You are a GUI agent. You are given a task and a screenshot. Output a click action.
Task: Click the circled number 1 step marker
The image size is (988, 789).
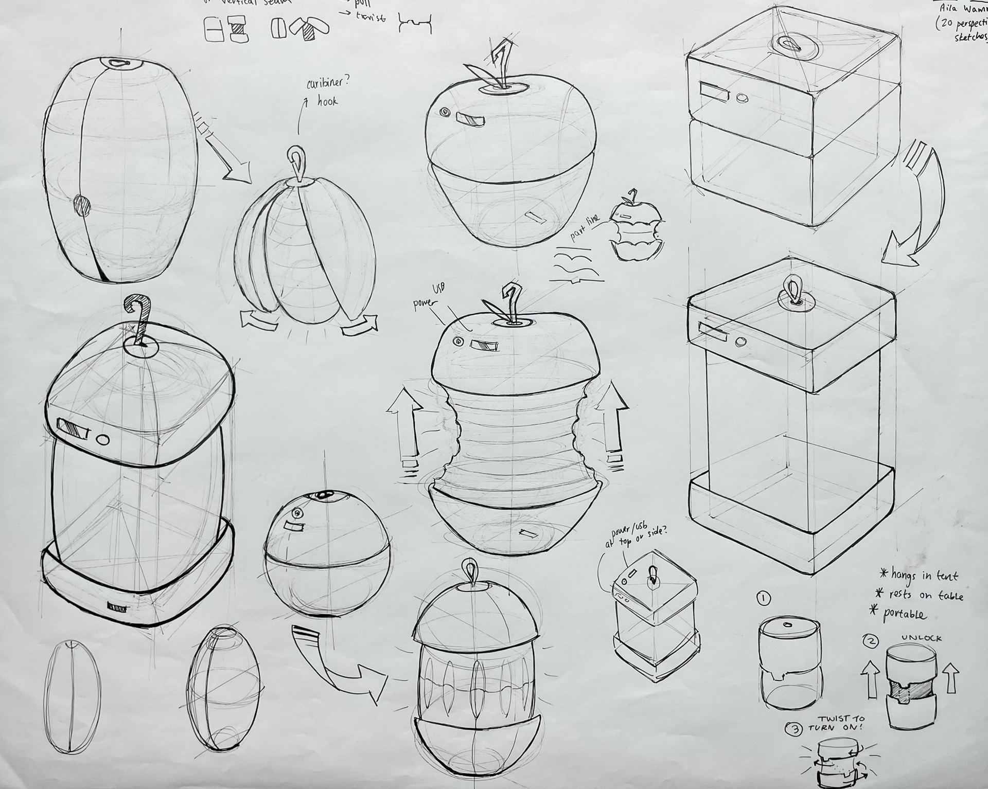pos(764,598)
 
